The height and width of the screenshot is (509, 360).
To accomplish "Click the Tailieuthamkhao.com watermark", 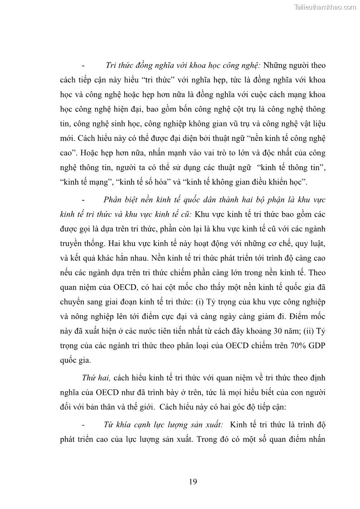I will pos(325,7).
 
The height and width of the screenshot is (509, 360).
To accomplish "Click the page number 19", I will pos(193,482).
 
